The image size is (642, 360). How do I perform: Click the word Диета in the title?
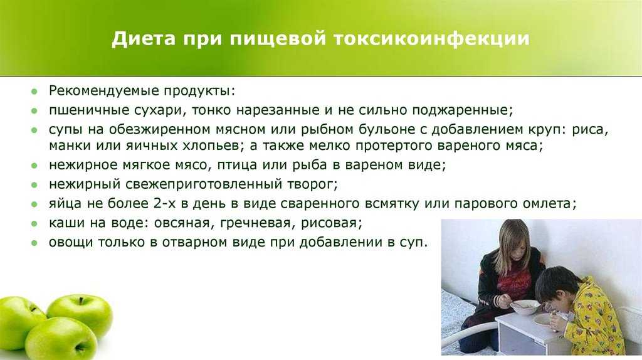[x=143, y=38]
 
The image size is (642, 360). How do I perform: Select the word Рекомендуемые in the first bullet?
[x=103, y=91]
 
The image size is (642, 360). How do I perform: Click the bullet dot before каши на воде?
[x=34, y=224]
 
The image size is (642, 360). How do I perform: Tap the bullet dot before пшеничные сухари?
[x=34, y=110]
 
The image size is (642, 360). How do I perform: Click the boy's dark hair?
[x=555, y=283]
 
